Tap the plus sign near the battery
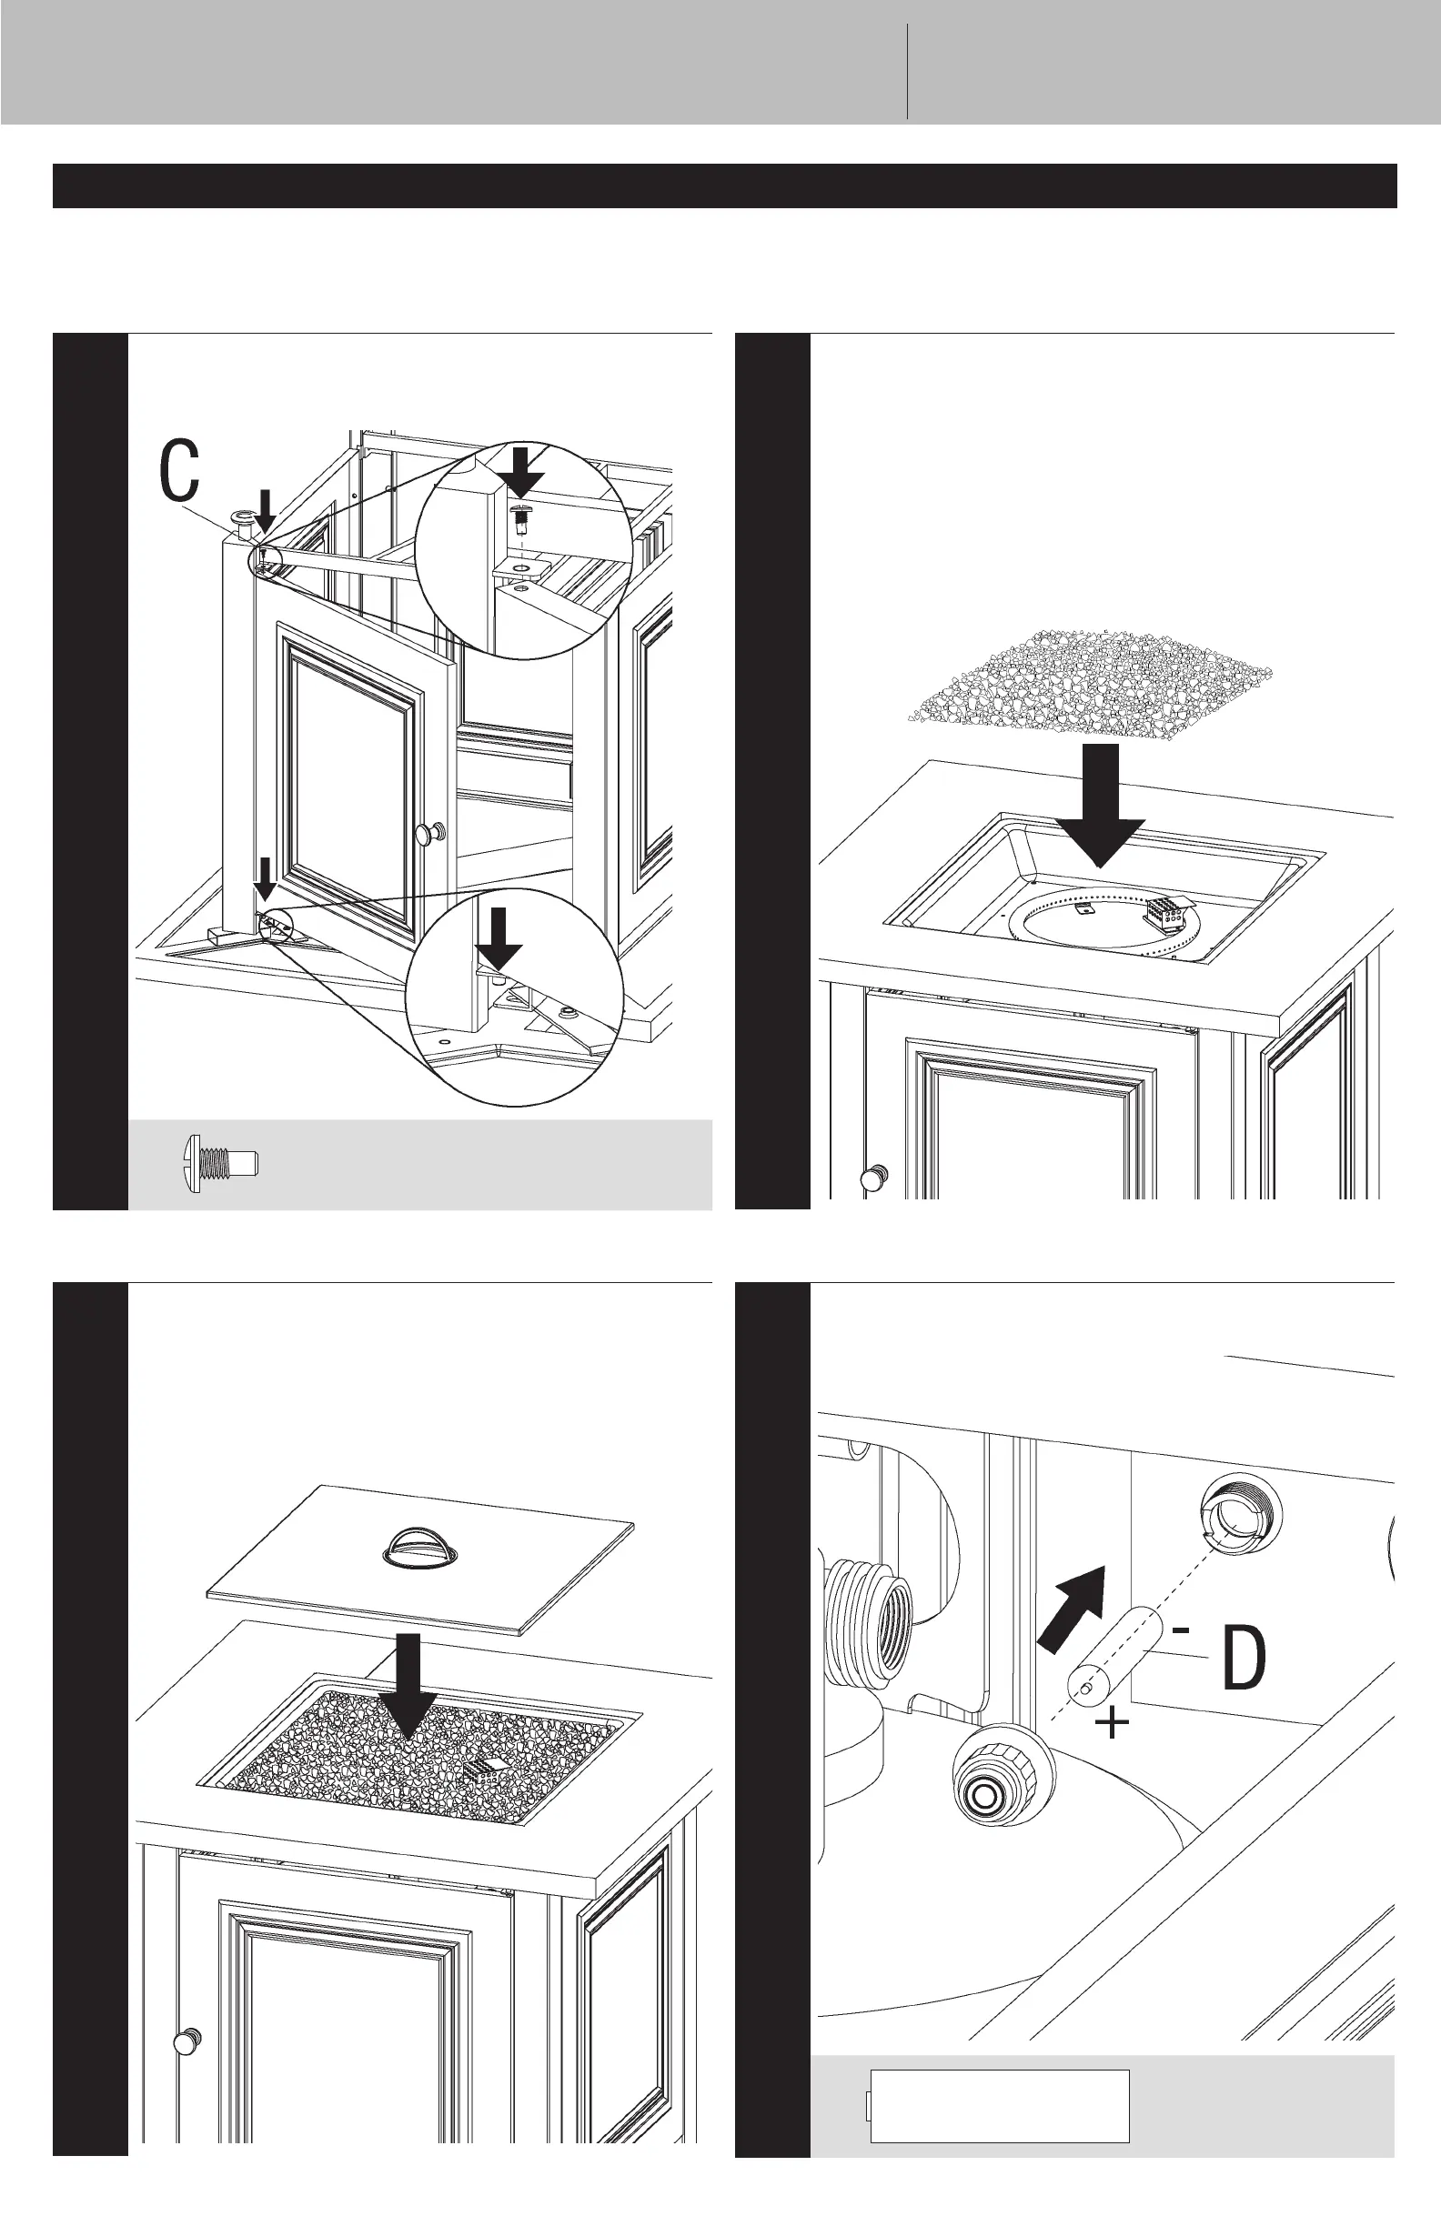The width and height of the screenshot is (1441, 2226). pyautogui.click(x=1112, y=1722)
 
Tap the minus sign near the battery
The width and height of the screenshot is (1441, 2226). pyautogui.click(x=1182, y=1630)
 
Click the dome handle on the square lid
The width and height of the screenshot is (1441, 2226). pyautogui.click(x=420, y=1546)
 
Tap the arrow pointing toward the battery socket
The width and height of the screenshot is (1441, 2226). pyautogui.click(x=1073, y=1609)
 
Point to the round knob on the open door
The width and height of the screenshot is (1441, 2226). pyautogui.click(x=432, y=832)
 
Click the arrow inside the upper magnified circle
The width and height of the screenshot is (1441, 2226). pyautogui.click(x=522, y=472)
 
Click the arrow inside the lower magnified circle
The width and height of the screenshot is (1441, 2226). pyautogui.click(x=499, y=938)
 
